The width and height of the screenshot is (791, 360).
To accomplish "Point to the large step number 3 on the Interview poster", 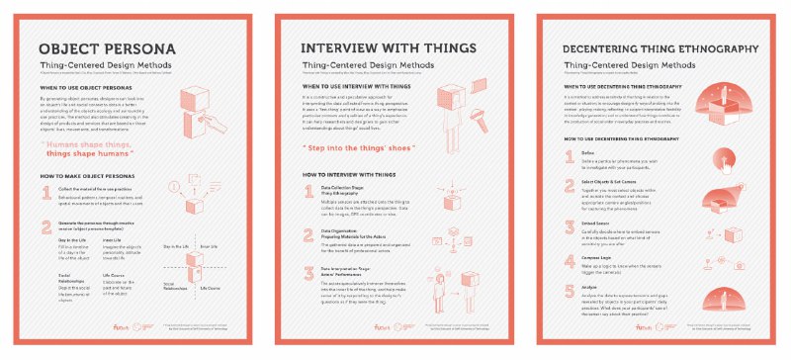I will coord(309,273).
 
